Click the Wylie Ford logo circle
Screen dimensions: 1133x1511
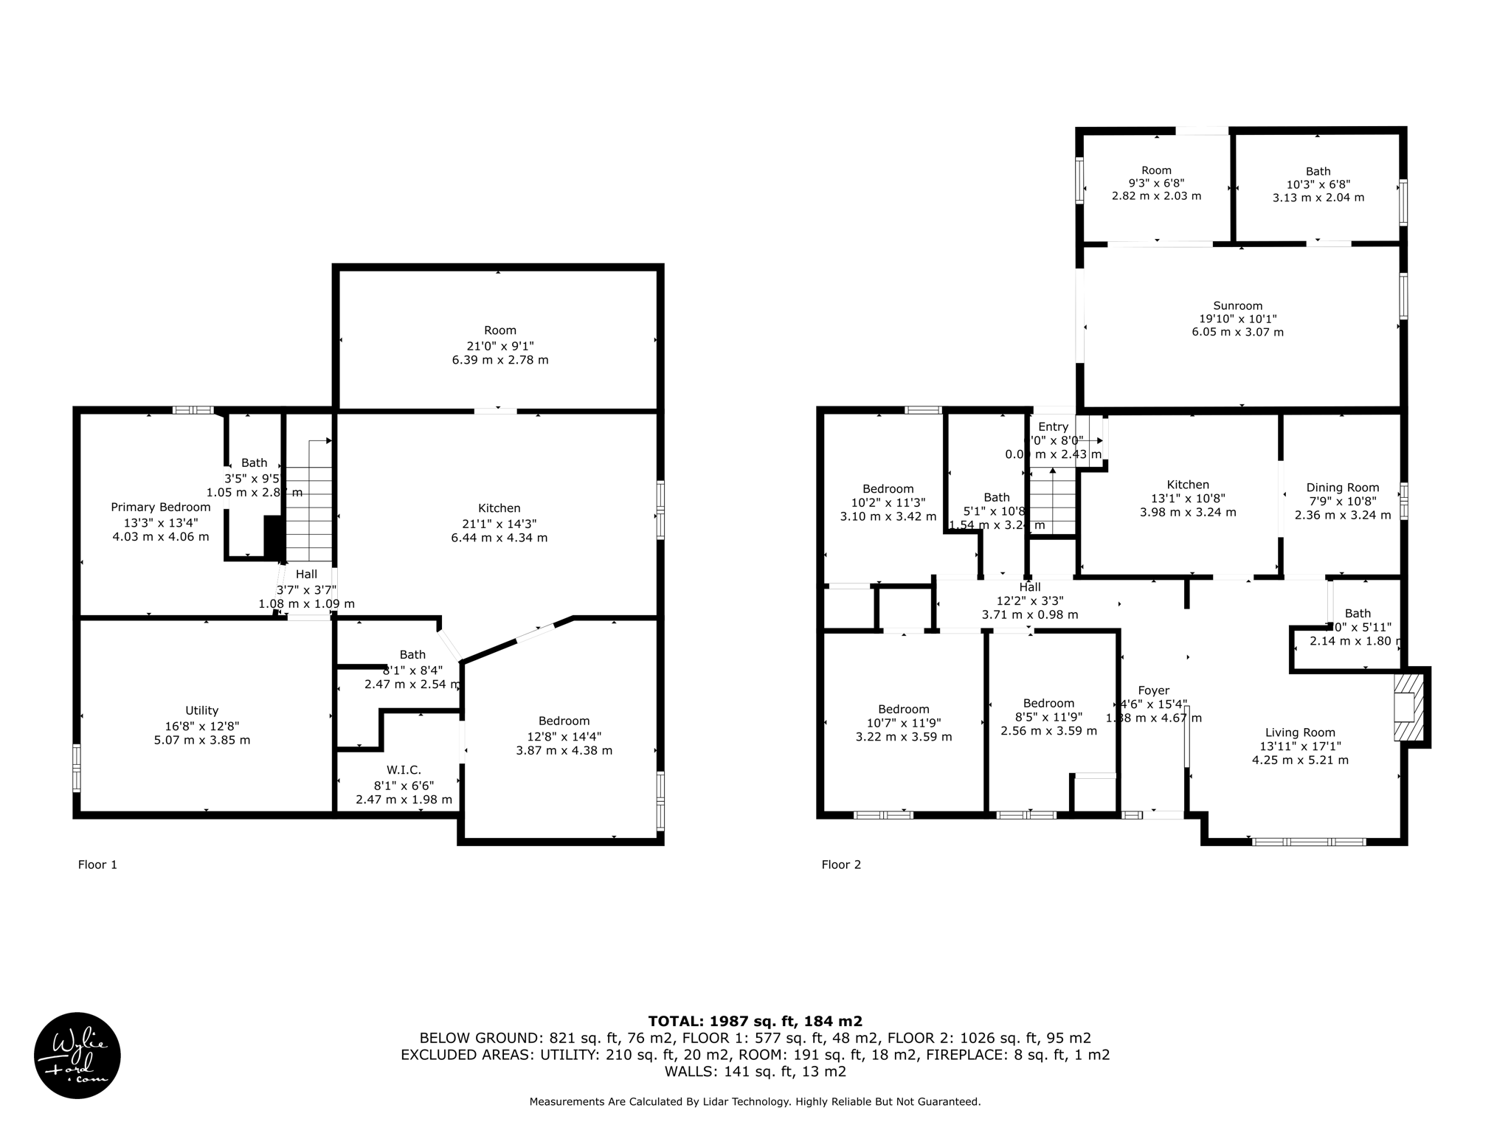tap(77, 1055)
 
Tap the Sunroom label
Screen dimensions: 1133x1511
tap(1237, 305)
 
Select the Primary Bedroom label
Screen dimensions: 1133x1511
tap(161, 507)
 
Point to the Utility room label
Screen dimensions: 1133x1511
tap(201, 710)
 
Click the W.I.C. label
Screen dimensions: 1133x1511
tap(404, 770)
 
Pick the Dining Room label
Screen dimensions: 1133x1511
tap(1342, 487)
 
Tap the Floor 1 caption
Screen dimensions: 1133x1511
tap(97, 865)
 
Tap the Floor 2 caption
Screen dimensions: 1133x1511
tap(841, 865)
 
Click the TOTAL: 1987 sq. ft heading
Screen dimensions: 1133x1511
tap(755, 1021)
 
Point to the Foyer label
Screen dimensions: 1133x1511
tap(1153, 690)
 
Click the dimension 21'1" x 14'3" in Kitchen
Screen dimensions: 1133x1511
tap(499, 524)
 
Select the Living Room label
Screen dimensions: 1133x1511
tap(1300, 732)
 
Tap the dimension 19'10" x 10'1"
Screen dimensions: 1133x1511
tap(1237, 319)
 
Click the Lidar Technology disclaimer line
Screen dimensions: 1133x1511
tap(755, 1102)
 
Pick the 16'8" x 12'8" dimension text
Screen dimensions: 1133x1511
tap(201, 726)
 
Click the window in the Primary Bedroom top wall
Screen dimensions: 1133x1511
tap(193, 410)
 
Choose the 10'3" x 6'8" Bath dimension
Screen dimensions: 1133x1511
tap(1318, 184)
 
